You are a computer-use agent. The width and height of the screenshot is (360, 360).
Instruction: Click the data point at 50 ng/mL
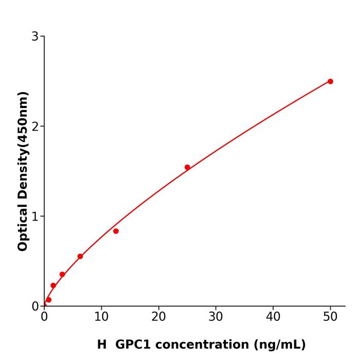click(330, 81)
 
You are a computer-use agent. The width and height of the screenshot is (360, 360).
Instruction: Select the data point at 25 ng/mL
click(187, 167)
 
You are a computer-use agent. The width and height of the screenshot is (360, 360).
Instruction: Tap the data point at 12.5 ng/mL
click(116, 231)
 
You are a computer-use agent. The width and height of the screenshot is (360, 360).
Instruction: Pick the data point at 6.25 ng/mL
click(80, 256)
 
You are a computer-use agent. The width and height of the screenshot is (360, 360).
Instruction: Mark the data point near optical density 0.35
click(62, 274)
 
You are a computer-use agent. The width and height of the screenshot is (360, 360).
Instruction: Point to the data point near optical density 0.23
click(53, 285)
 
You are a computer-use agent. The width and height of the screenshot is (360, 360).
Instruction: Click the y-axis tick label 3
click(35, 37)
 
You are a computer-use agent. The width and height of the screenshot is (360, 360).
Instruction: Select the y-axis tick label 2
click(35, 127)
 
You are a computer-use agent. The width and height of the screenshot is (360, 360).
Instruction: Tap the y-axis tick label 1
click(35, 217)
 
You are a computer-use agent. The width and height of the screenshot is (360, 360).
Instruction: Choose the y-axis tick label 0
click(35, 307)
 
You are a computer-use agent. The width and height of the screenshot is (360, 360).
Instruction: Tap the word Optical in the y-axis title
click(23, 227)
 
